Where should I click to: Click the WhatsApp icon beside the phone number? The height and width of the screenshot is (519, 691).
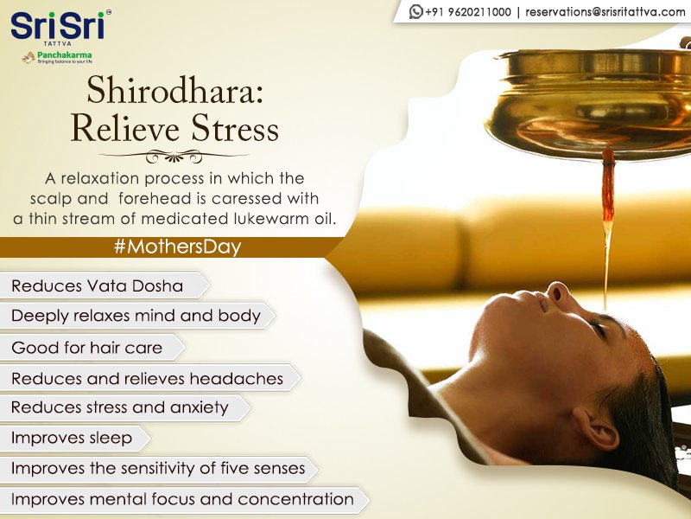(x=416, y=11)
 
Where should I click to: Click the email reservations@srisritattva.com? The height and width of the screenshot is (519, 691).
(x=605, y=11)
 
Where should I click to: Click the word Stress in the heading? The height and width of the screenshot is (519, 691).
(x=234, y=128)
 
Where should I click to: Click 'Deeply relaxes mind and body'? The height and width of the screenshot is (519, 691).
(x=136, y=316)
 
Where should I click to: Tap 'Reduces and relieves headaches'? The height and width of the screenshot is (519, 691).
(x=147, y=378)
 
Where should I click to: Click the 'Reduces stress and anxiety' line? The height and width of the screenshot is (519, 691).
(x=119, y=407)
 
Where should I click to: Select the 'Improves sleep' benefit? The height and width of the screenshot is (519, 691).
(x=72, y=438)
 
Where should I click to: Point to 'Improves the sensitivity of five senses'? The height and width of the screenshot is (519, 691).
(x=158, y=468)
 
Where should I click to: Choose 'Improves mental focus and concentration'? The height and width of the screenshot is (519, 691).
(x=182, y=499)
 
